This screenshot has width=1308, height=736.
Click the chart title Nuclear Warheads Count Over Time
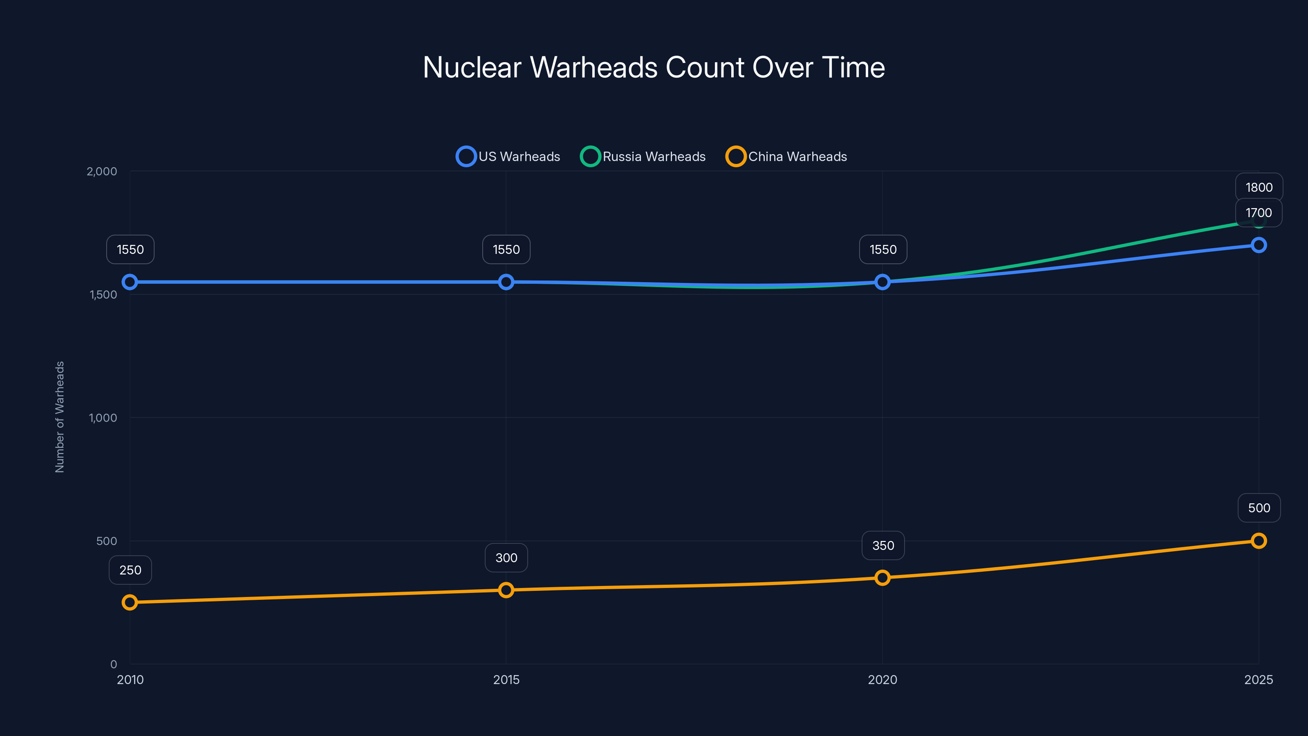click(654, 67)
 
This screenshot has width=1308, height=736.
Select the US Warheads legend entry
click(508, 157)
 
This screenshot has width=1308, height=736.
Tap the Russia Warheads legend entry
click(643, 157)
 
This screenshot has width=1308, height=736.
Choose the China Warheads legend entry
click(786, 157)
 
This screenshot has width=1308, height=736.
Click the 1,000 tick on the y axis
click(103, 417)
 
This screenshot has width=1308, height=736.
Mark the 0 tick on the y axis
click(114, 664)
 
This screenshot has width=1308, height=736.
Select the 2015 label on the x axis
click(506, 680)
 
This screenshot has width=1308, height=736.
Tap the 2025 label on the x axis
click(1258, 680)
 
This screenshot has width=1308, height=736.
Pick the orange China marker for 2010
click(130, 602)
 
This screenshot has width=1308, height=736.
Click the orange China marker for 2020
click(882, 577)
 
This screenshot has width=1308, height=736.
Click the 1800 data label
click(1259, 187)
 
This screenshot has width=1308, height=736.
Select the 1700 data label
click(1258, 213)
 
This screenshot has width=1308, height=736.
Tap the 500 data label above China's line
click(1259, 508)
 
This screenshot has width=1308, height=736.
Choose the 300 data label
click(506, 558)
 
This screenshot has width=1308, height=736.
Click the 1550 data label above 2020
click(883, 249)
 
